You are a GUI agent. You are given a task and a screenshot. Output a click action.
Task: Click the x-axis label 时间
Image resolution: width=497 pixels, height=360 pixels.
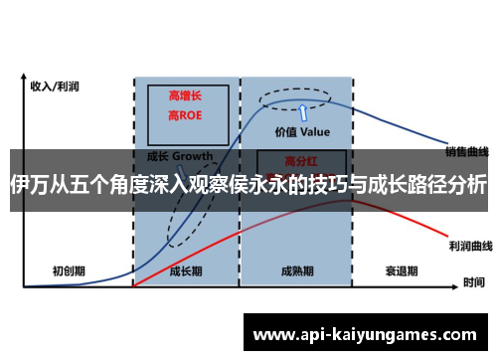pyautogui.click(x=473, y=281)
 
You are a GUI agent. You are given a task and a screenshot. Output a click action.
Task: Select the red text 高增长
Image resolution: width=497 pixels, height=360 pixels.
pyautogui.click(x=186, y=95)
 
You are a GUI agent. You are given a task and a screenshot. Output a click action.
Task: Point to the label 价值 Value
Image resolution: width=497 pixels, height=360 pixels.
pyautogui.click(x=302, y=130)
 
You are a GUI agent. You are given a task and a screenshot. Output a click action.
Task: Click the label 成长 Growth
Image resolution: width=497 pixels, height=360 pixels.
pyautogui.click(x=180, y=157)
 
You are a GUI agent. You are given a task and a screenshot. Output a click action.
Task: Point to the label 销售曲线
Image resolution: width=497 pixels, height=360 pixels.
pyautogui.click(x=467, y=152)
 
